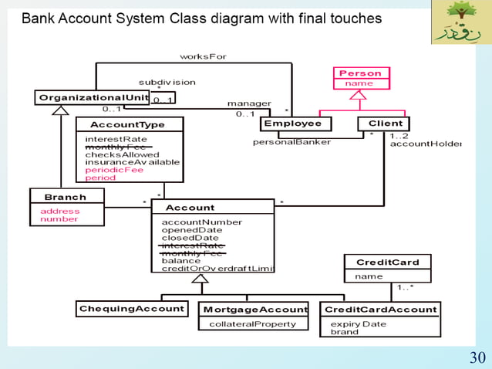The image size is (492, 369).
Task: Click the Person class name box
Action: [x=361, y=73]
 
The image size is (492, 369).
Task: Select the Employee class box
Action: [x=292, y=124]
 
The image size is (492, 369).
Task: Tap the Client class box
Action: [x=385, y=124]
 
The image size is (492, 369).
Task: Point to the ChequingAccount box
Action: [x=132, y=309]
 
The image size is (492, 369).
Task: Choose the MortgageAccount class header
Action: [x=254, y=309]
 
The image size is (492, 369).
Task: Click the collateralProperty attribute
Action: [x=252, y=324]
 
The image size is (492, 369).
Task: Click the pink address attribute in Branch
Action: [x=59, y=211]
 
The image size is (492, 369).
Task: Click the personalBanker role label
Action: [x=291, y=142]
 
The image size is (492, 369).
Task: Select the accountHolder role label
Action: [x=425, y=144]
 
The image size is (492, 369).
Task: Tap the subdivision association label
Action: [x=167, y=82]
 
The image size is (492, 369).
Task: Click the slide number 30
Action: [x=477, y=357]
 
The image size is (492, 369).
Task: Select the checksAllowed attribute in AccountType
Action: [x=122, y=154]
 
